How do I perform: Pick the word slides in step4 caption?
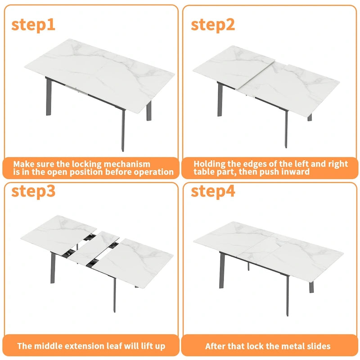[317, 346]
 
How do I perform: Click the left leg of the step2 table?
[220, 100]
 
